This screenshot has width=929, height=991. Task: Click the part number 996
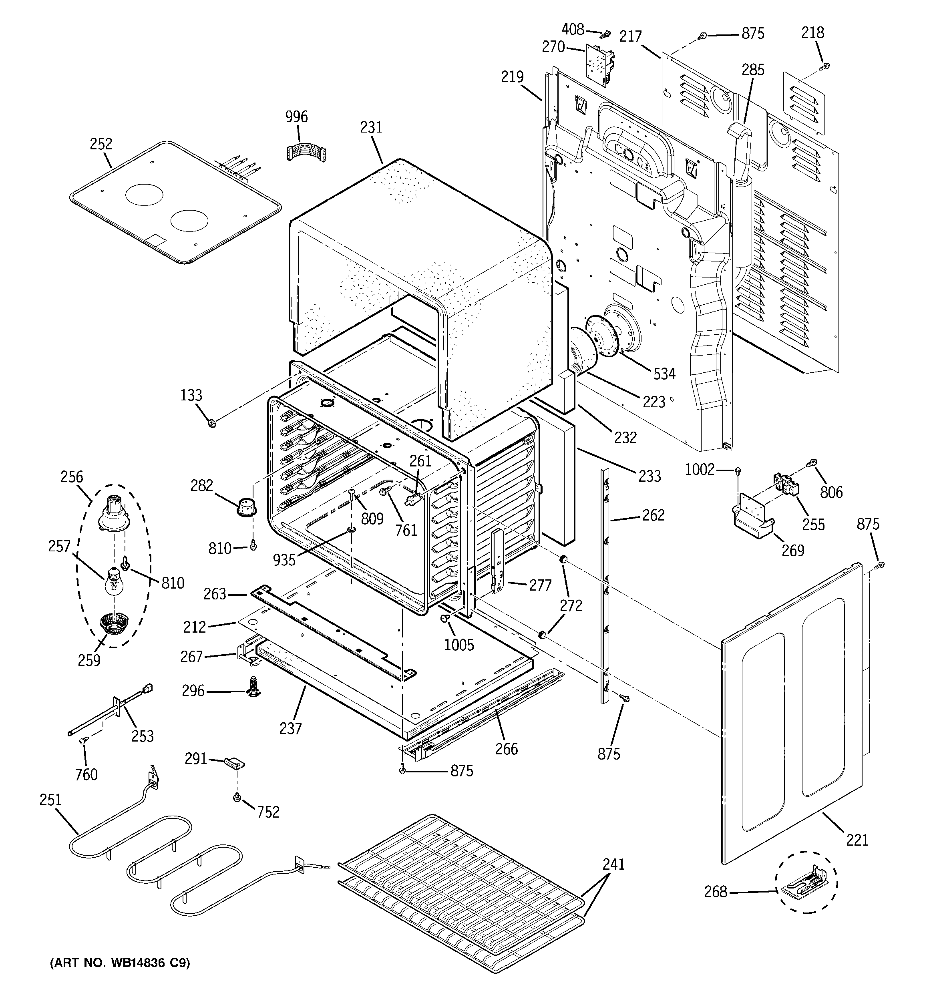point(296,117)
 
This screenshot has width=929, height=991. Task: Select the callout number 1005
point(459,645)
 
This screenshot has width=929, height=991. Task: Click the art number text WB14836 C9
point(120,963)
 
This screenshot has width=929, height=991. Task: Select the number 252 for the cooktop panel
point(101,144)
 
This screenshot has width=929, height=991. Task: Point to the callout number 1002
point(700,470)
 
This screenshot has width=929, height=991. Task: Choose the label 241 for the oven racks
point(613,864)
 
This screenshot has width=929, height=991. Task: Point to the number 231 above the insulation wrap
point(371,128)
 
